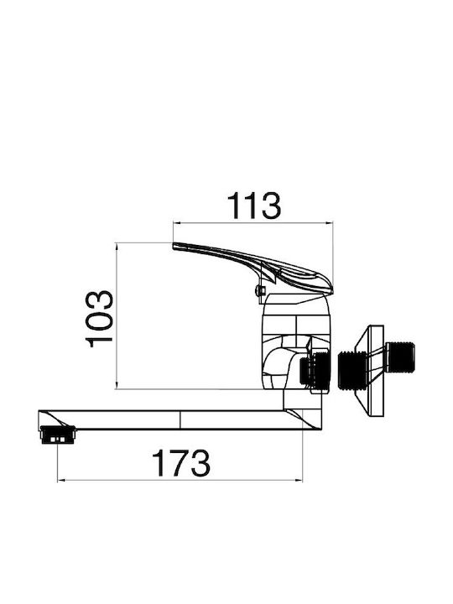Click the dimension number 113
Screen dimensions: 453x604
[x=254, y=206]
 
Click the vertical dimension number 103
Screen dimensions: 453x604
[x=99, y=319]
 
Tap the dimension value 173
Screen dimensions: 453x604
[x=181, y=462]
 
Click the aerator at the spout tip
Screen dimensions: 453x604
[x=58, y=435]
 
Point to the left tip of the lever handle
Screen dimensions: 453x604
[x=174, y=246]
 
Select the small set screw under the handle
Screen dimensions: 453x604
[x=260, y=289]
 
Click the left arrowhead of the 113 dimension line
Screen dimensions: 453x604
[x=176, y=222]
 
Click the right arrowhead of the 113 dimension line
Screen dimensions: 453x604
[x=330, y=222]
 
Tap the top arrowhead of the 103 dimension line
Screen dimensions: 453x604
[x=116, y=246]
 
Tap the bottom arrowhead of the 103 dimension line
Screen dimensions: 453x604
[x=116, y=386]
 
